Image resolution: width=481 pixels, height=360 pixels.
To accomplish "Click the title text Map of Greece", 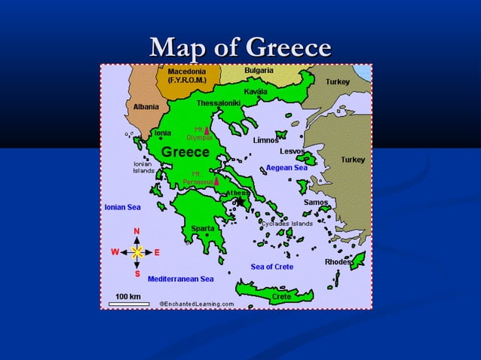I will (x=240, y=48).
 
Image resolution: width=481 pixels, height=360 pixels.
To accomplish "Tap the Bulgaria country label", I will (x=259, y=71).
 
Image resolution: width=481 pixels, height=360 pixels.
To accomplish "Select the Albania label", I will (x=146, y=107).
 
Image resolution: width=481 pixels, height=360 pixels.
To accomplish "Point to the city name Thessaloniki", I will (x=218, y=102).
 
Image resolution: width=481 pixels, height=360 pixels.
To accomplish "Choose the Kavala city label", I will (x=256, y=91).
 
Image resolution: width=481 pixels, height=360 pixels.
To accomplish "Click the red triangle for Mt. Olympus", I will (x=207, y=131).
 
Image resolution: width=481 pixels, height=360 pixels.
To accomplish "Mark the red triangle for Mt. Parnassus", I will (x=216, y=181).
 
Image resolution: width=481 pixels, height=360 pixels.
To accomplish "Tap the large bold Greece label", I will (x=185, y=152).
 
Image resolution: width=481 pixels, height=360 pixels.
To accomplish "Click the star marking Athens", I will (x=239, y=201).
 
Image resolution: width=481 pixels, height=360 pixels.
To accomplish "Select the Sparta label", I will (x=202, y=228).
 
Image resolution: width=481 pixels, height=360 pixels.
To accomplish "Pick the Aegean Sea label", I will (x=286, y=167).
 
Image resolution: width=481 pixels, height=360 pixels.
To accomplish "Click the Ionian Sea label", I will (x=121, y=206).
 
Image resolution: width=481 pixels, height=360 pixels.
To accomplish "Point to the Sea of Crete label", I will (x=272, y=267).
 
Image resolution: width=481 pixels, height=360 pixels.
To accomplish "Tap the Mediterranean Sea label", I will (x=180, y=279).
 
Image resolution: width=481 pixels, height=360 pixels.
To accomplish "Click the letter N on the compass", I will (x=136, y=230).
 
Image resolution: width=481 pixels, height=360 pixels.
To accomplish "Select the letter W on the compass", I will (x=115, y=252).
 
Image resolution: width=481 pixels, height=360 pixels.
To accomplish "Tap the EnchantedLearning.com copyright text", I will (x=195, y=304).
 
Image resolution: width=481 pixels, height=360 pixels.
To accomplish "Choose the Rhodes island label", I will (x=339, y=262).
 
